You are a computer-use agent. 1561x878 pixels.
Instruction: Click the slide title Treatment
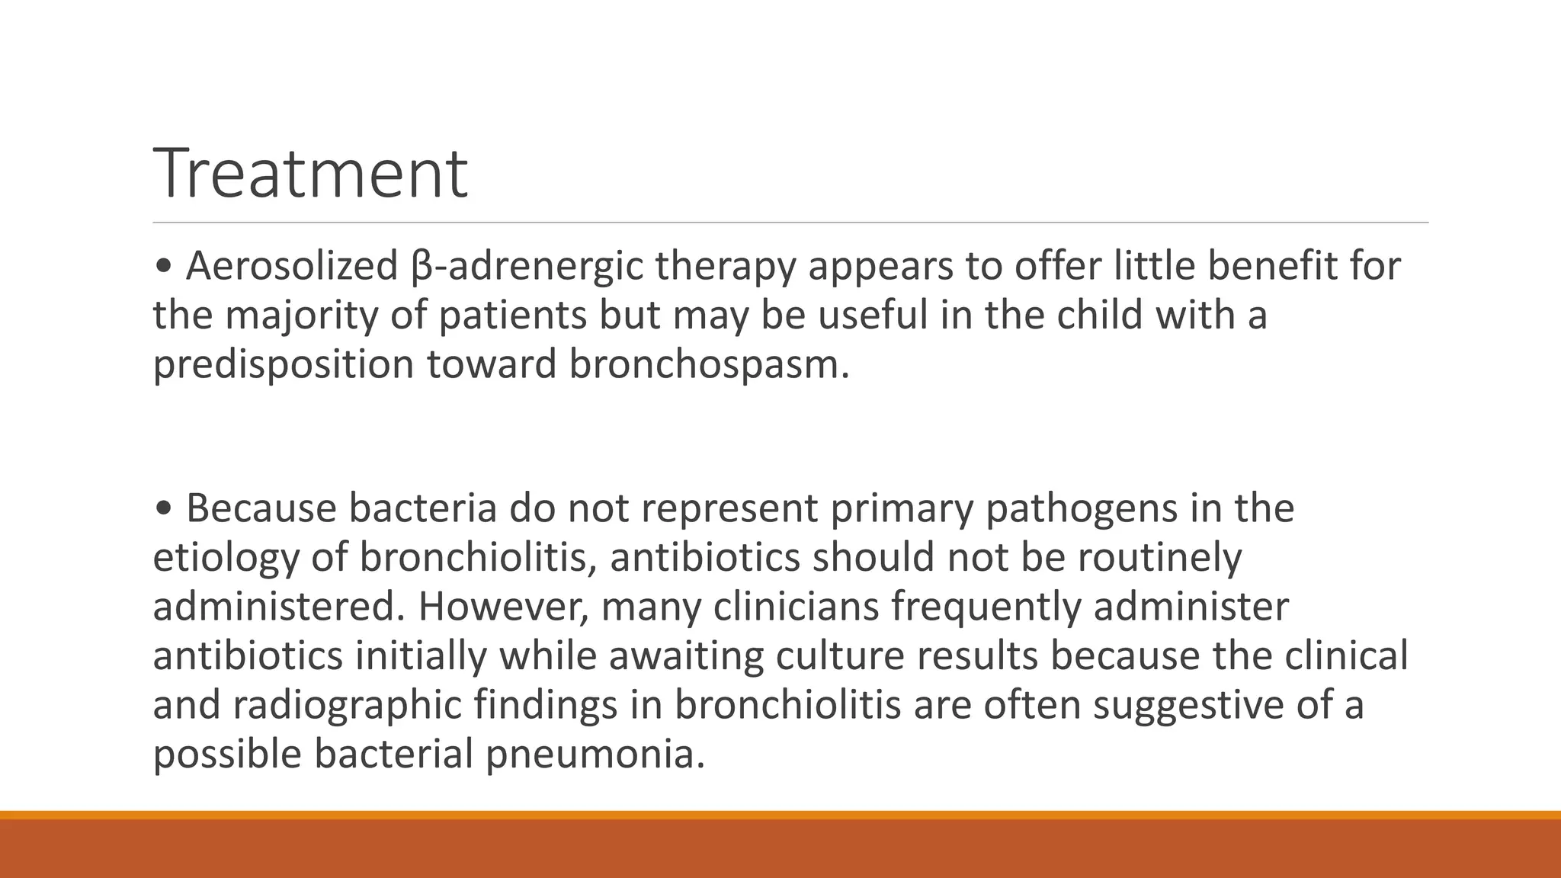tap(310, 174)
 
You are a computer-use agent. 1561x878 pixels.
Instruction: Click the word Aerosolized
tap(291, 266)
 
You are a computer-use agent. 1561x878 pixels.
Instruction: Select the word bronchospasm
tap(708, 364)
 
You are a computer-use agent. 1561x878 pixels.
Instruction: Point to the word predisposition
tap(283, 364)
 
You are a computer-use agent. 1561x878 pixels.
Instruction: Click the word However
tap(502, 607)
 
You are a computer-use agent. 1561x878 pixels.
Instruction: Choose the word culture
tap(839, 656)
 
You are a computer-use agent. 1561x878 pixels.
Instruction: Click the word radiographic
tap(347, 705)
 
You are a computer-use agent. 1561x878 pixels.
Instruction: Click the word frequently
tap(986, 607)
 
